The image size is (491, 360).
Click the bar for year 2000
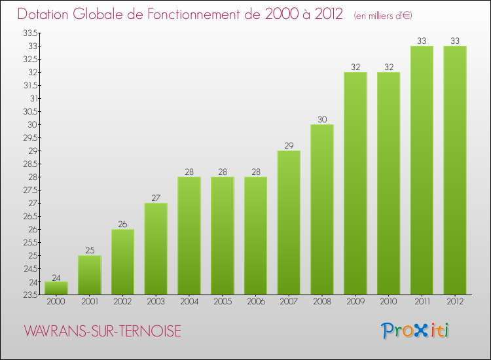click(x=56, y=288)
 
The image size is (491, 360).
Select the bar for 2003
click(x=156, y=249)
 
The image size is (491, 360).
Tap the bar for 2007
click(x=289, y=223)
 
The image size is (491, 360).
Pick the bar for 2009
click(x=355, y=183)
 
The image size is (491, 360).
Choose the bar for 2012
click(x=455, y=170)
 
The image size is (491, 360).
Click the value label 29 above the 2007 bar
click(x=289, y=145)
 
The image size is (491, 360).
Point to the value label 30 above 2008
click(x=322, y=119)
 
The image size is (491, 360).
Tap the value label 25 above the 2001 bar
click(x=90, y=250)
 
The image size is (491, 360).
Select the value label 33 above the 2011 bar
click(x=422, y=41)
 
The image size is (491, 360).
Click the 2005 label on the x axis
click(x=223, y=302)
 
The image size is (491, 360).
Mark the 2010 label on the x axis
click(x=388, y=302)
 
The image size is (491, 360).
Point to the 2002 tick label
click(x=122, y=302)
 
